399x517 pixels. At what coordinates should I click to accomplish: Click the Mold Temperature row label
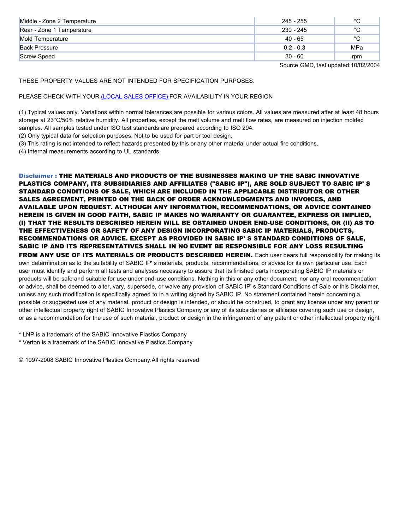point(44,39)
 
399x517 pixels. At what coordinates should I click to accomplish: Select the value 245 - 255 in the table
point(294,21)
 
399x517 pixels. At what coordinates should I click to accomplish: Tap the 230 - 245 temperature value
point(294,30)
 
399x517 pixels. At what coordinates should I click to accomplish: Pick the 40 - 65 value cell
point(294,39)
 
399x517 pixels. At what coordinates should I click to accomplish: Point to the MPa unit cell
point(357,48)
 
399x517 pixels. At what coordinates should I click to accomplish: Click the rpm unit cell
point(357,57)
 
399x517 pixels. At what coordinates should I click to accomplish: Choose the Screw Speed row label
point(37,57)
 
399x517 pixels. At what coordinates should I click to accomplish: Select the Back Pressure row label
point(39,48)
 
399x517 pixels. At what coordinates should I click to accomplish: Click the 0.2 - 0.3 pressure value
point(294,48)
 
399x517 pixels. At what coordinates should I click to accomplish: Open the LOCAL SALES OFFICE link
point(135,97)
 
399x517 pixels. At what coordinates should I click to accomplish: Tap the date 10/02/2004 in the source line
point(365,65)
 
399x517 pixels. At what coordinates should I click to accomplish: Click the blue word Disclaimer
point(36,176)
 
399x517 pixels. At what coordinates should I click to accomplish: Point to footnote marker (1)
point(22,112)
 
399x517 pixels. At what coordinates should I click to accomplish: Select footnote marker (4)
point(22,151)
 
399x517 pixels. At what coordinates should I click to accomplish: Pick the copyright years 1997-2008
point(39,360)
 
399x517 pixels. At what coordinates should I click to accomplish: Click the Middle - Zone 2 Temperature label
point(58,21)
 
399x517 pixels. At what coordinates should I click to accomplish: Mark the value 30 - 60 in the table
point(294,57)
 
